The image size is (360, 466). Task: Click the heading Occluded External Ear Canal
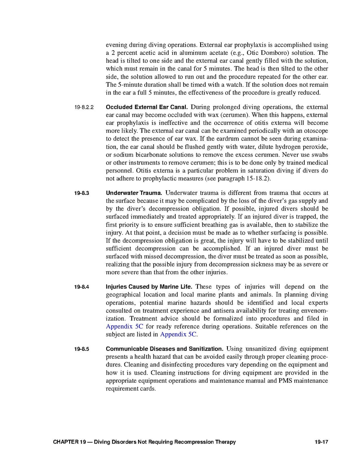click(x=147, y=107)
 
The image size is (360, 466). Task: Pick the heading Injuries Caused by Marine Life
click(x=149, y=287)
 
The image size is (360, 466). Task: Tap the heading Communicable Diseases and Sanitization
click(x=164, y=349)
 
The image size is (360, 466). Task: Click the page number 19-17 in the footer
click(x=322, y=442)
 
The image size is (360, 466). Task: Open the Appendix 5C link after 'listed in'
click(x=179, y=334)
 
